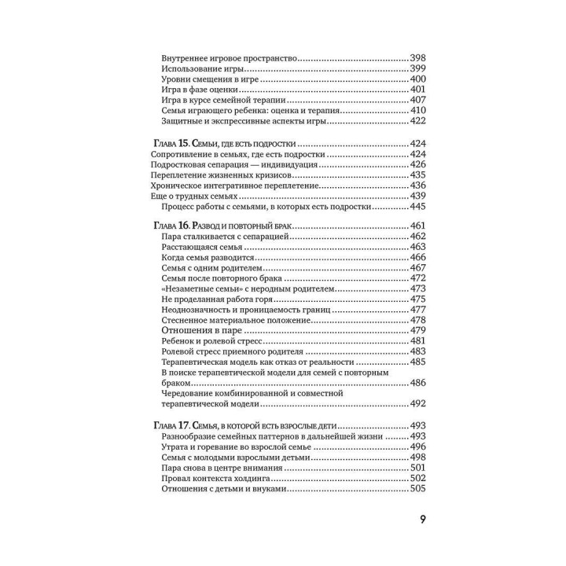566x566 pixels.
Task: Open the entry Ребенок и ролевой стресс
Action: [x=210, y=341]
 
